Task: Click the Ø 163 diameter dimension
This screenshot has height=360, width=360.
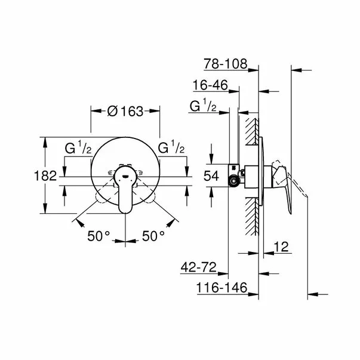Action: (125, 110)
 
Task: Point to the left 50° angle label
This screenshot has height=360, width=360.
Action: (99, 236)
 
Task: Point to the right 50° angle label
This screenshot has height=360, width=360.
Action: (153, 236)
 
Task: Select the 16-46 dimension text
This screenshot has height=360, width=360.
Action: (212, 85)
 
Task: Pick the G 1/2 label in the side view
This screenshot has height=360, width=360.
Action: (202, 107)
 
